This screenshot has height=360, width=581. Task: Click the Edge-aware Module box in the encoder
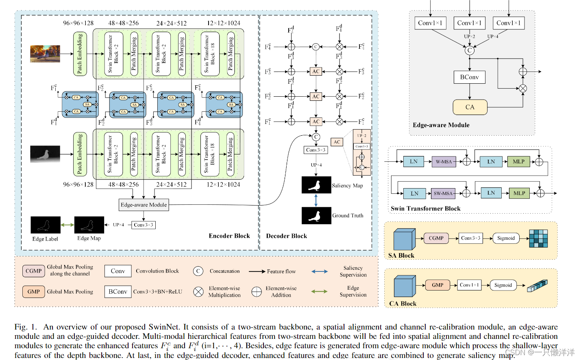[x=144, y=205]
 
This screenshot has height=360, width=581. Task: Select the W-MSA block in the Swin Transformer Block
[x=444, y=162]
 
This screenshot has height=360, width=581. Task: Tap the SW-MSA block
[x=443, y=193]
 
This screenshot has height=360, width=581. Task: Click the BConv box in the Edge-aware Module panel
[x=469, y=77]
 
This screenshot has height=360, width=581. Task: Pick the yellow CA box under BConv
[x=470, y=107]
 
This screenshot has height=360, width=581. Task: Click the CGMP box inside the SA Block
[x=436, y=238]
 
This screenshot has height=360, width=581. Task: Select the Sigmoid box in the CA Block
[x=503, y=285]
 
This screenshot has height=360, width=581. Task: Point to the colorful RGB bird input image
[x=45, y=54]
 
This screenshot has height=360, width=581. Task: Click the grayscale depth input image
[x=45, y=154]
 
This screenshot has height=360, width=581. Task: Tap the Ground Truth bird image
[x=316, y=216]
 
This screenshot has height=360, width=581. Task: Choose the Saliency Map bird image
[x=316, y=185]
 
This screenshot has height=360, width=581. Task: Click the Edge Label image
[x=45, y=225]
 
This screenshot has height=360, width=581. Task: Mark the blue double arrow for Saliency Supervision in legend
[x=319, y=271]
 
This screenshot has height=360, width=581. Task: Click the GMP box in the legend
[x=33, y=292]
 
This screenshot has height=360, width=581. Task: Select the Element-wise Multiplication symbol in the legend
[x=198, y=292]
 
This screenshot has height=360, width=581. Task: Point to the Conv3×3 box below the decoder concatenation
[x=316, y=150]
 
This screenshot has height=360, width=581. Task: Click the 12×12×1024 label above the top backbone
[x=223, y=23]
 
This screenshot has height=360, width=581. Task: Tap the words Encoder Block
[x=229, y=236]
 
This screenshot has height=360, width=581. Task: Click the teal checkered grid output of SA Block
[x=538, y=239]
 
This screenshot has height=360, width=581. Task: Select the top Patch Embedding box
[x=80, y=54]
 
